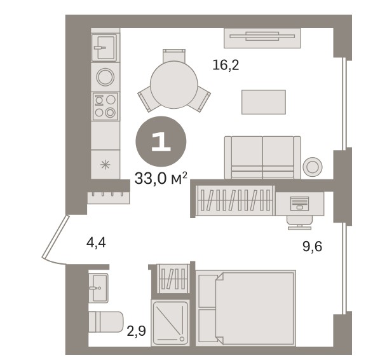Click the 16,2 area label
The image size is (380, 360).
[x=226, y=66]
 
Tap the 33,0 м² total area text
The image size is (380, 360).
[x=161, y=178]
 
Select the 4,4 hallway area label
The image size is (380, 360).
[x=96, y=242]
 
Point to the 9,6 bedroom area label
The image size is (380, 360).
[x=312, y=247]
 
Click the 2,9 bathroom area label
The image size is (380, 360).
[x=136, y=331]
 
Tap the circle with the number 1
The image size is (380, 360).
[x=161, y=141]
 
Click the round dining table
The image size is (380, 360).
[x=174, y=85]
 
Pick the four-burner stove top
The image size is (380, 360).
[x=105, y=106]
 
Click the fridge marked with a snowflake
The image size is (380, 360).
[x=105, y=165]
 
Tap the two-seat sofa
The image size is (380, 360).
[x=262, y=158]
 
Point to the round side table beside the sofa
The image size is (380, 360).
[x=313, y=167]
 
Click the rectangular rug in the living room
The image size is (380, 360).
[x=264, y=102]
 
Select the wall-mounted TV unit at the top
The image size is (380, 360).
[x=262, y=38]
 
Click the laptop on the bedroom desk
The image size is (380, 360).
[x=299, y=204]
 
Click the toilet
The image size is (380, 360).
[x=105, y=322]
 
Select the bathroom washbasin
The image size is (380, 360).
[x=98, y=288]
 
